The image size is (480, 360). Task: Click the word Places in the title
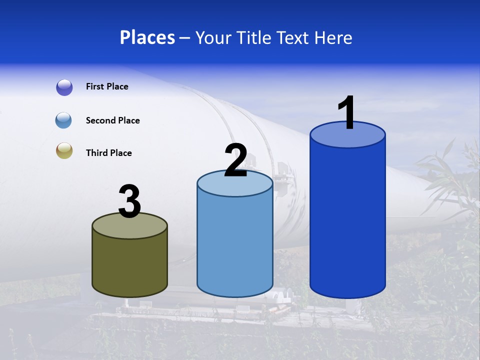click(147, 37)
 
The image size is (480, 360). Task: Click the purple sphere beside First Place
click(64, 87)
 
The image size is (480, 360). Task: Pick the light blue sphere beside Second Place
click(64, 120)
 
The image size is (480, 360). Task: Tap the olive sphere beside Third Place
click(64, 151)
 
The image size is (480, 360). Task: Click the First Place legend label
click(107, 86)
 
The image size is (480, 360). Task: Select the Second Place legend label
click(112, 120)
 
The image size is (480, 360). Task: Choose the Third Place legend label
click(108, 153)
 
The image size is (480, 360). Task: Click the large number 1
click(346, 113)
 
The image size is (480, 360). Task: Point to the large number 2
click(235, 160)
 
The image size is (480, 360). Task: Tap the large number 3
click(129, 201)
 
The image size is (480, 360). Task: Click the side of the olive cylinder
click(130, 265)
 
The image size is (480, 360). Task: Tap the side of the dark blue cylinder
click(347, 220)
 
